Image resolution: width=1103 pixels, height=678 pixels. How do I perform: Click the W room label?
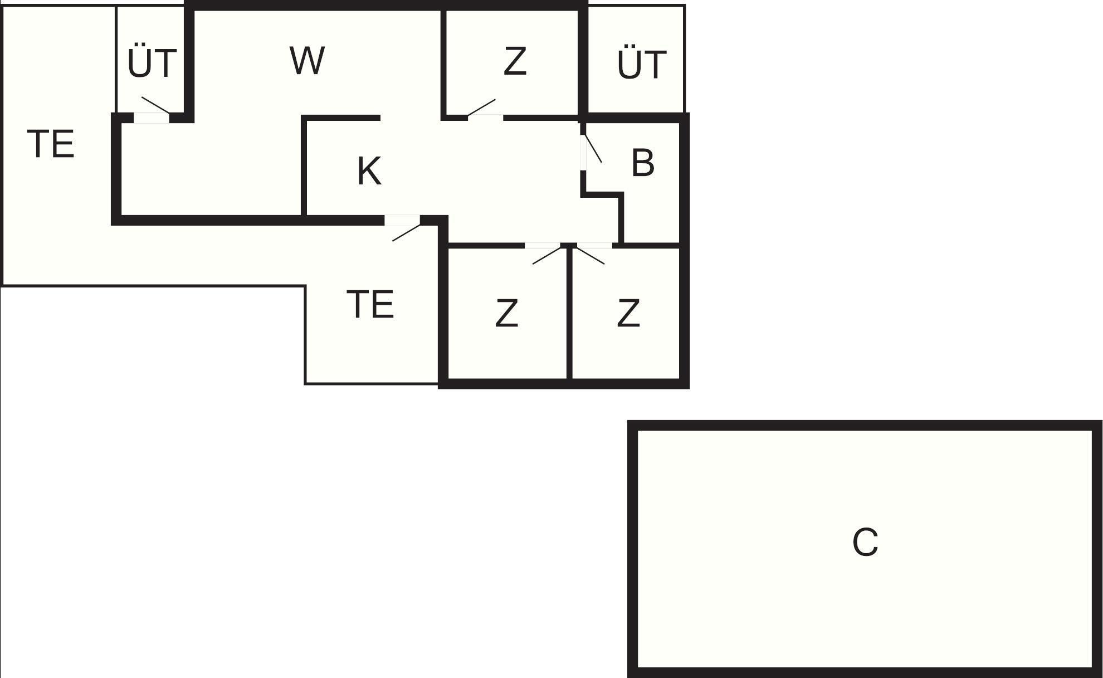[307, 61]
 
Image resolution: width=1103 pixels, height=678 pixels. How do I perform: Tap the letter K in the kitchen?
[369, 171]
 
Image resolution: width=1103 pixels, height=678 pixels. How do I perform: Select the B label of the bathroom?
[642, 163]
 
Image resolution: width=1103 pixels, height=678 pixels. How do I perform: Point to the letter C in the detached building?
[865, 542]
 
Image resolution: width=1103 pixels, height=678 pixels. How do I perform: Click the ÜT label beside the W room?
[152, 62]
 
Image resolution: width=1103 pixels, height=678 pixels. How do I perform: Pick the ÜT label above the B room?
[641, 64]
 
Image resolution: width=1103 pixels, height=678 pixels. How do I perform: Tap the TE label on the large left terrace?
[51, 144]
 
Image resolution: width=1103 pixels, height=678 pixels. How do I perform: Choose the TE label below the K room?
[370, 304]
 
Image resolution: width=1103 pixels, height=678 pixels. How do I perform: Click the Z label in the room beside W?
[515, 62]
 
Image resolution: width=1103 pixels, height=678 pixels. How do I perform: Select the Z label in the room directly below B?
[628, 314]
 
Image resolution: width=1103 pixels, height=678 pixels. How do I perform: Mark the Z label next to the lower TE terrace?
[506, 314]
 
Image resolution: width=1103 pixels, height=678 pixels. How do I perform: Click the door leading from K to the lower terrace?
[402, 221]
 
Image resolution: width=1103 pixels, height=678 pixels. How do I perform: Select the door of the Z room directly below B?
[594, 246]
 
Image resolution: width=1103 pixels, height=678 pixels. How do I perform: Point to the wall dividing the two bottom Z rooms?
[569, 312]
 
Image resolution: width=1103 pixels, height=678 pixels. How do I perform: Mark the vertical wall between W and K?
[304, 167]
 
